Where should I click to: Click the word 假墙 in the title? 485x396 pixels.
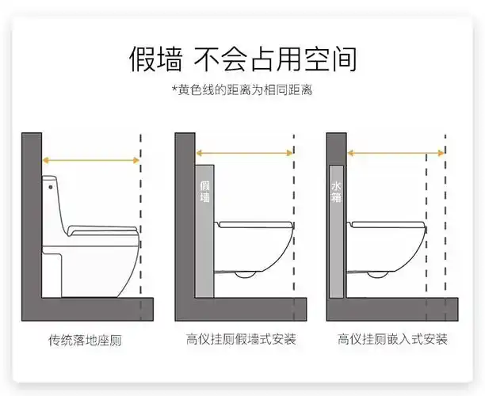click(156, 59)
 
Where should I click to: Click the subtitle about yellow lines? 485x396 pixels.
click(242, 90)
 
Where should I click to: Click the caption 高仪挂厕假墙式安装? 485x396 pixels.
click(241, 340)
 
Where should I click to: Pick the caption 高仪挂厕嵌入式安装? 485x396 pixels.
click(392, 340)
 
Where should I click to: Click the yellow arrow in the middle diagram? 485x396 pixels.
click(245, 154)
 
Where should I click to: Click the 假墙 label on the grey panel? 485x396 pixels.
click(204, 192)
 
